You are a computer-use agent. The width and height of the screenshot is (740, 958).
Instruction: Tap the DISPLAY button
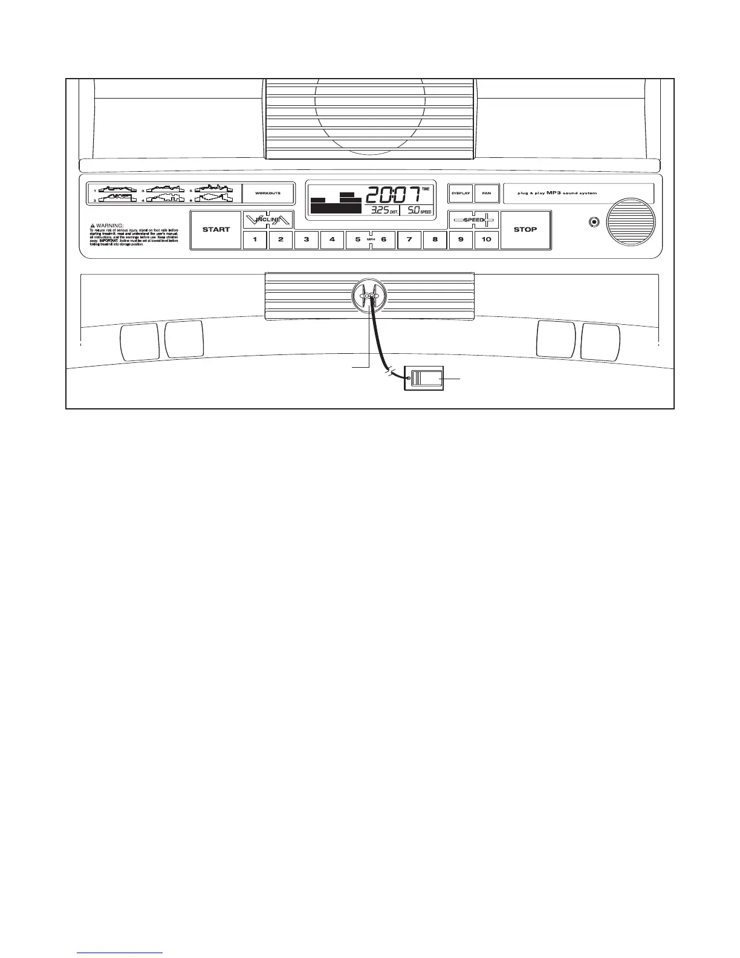(x=461, y=193)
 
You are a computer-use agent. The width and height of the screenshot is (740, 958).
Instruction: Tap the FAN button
(x=487, y=193)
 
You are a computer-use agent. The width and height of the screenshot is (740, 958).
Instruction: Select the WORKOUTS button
(x=268, y=193)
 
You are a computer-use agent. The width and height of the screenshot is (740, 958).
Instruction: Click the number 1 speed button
(x=255, y=239)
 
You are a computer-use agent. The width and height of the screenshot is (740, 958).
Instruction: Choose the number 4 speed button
(x=332, y=239)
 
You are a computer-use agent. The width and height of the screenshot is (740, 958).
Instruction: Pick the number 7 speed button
(x=409, y=239)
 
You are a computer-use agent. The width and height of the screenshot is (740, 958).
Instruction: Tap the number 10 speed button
(x=487, y=239)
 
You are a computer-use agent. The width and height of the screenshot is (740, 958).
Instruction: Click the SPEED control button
(x=473, y=220)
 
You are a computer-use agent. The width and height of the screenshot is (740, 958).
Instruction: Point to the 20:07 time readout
(x=393, y=195)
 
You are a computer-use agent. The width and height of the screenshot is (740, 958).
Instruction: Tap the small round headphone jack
(x=594, y=222)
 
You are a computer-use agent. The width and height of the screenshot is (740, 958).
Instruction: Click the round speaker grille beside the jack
(x=632, y=221)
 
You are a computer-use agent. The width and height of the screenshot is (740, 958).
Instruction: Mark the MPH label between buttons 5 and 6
(x=371, y=239)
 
